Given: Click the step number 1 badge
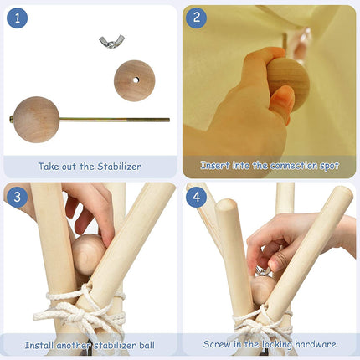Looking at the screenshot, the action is [18, 18].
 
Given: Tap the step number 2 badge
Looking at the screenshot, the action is [197, 18].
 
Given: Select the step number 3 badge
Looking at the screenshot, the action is [18, 197].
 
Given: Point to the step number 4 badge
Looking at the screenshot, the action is [197, 197].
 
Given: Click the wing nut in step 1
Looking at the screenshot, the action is [111, 42].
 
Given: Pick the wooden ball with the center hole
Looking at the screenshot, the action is [135, 80].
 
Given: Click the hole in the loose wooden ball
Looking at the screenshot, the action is [136, 80].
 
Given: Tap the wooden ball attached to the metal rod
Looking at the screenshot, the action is [36, 120].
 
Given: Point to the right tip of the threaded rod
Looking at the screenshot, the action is [169, 120].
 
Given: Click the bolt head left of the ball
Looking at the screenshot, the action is [12, 120].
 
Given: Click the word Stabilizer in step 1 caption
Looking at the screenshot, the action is [119, 167].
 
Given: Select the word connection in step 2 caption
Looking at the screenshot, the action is [294, 166].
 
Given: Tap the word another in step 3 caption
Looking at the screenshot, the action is [74, 345].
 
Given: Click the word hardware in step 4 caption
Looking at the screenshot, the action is [316, 344].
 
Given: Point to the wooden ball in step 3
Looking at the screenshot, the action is [87, 255].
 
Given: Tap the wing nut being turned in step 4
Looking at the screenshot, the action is [263, 271].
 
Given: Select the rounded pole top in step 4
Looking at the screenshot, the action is [227, 205].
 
